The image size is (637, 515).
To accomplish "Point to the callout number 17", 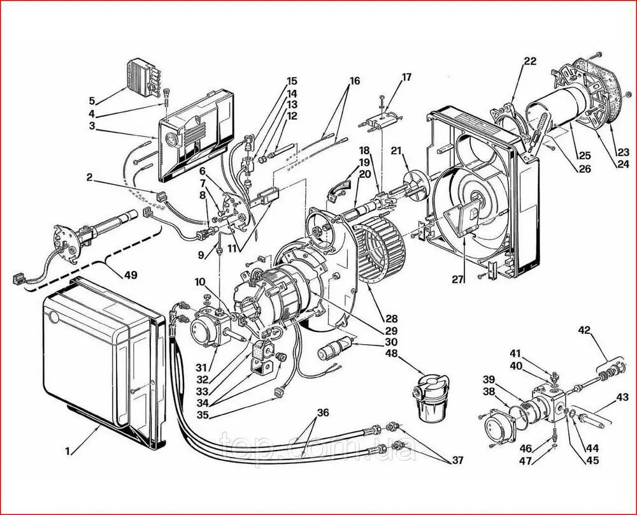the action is pos(406,77).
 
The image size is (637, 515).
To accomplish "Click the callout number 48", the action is pos(392,353).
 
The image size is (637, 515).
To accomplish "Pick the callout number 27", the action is pos(458,280).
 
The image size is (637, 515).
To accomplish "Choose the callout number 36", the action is pos(323,412).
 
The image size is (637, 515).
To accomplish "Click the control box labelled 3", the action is pos(196,136).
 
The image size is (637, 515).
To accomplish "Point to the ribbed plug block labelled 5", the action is pos(144,78).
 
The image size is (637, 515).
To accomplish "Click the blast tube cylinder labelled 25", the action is pos(557,109).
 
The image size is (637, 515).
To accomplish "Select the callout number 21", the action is pos(396,151).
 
